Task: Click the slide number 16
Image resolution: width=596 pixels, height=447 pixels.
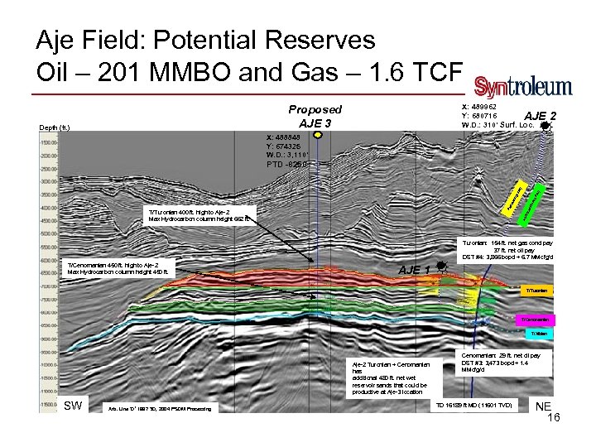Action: pyautogui.click(x=554, y=419)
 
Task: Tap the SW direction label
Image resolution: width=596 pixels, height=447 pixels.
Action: pyautogui.click(x=74, y=405)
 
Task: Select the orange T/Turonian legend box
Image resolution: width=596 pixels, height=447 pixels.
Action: pyautogui.click(x=534, y=291)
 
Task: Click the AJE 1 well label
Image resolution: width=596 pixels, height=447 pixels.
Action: pyautogui.click(x=414, y=270)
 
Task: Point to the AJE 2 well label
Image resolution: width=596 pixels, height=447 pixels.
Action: pyautogui.click(x=541, y=116)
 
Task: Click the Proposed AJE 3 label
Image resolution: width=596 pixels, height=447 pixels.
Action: pyautogui.click(x=315, y=116)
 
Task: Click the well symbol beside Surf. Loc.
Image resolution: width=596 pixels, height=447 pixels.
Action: pyautogui.click(x=544, y=126)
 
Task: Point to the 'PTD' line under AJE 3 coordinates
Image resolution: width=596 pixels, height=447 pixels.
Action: pyautogui.click(x=286, y=163)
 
